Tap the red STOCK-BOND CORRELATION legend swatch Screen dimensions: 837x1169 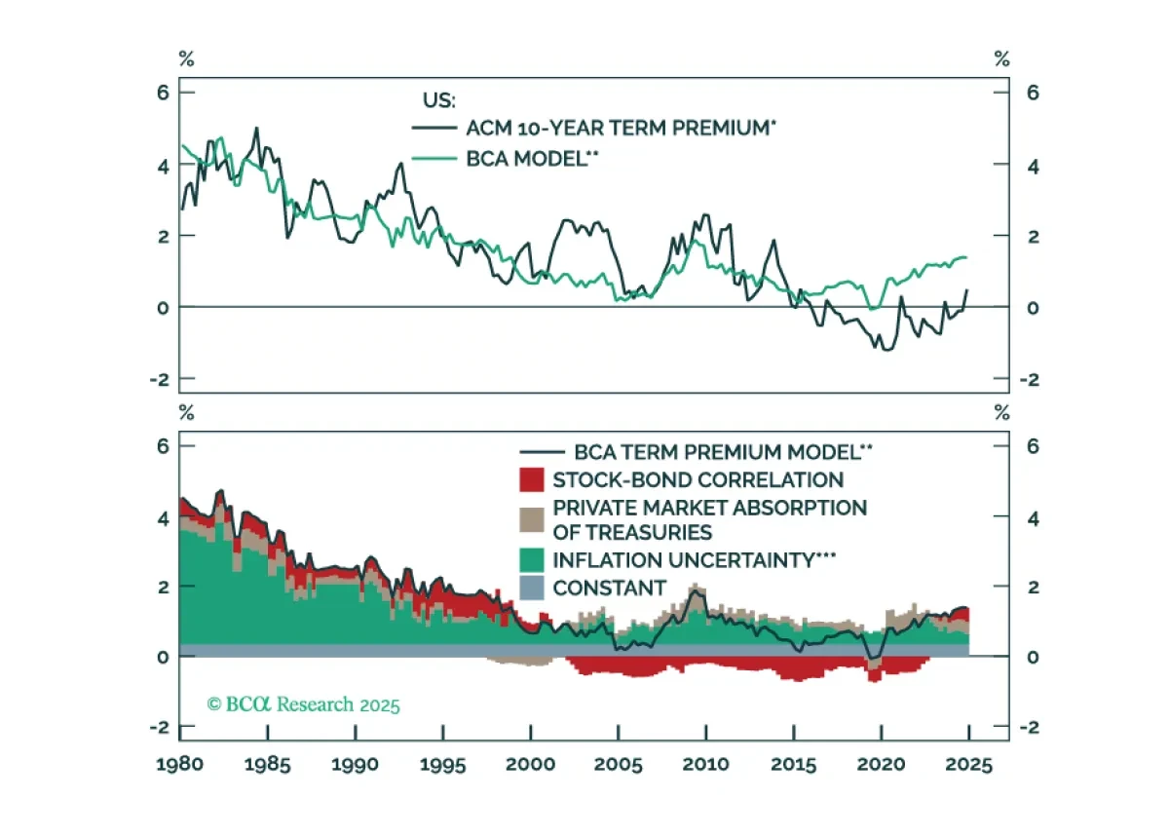(x=531, y=479)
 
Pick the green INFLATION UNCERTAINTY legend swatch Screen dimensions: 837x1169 (x=531, y=560)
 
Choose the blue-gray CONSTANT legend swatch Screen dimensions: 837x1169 (x=531, y=588)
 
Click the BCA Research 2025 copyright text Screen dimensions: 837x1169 (x=303, y=704)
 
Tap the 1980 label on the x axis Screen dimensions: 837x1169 (x=180, y=765)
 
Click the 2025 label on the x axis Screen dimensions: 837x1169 (x=968, y=765)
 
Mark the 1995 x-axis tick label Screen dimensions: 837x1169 (x=443, y=765)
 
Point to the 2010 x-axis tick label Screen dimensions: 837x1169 (x=706, y=765)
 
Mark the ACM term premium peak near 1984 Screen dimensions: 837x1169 (x=256, y=129)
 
